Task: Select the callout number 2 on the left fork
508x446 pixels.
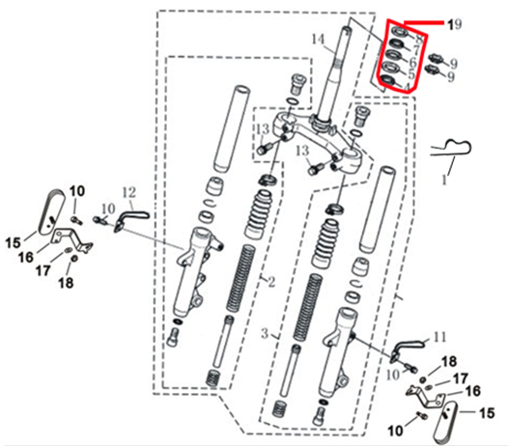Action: [272, 282]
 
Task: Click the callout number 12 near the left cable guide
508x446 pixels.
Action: [130, 191]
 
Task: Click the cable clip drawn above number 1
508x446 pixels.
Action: [452, 150]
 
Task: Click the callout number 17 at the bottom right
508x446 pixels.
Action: [462, 377]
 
